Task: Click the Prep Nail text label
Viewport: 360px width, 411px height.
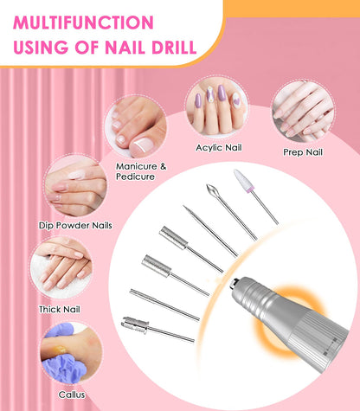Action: click(x=303, y=152)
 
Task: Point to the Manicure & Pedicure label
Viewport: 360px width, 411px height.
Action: click(x=135, y=170)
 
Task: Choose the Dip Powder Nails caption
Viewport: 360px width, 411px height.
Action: click(x=75, y=225)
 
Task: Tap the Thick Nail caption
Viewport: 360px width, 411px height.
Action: click(x=60, y=308)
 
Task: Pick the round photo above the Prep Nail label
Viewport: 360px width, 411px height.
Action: click(x=302, y=112)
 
